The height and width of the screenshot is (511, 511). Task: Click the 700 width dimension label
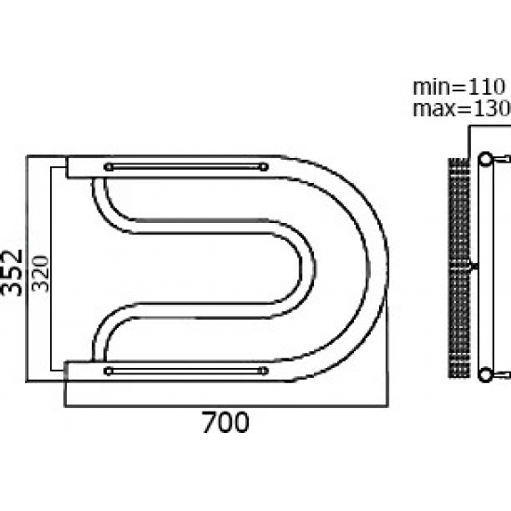pos(226,423)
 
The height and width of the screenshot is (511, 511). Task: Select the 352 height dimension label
pos(11,273)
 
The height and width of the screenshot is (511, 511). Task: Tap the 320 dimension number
pos(41,274)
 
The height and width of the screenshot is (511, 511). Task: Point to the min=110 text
pos(459,87)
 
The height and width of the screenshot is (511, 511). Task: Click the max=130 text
pos(462,109)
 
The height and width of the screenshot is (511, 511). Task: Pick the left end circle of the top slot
pos(109,167)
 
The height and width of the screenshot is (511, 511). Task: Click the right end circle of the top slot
pos(263,167)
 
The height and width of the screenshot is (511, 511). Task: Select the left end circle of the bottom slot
pos(109,371)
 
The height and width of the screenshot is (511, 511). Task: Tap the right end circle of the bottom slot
pos(263,371)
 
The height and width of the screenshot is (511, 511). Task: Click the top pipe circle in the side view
pos(486,159)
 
